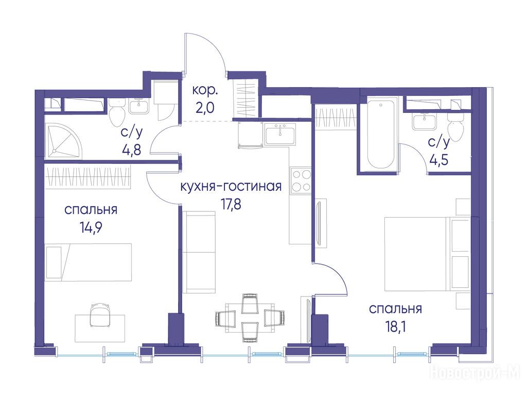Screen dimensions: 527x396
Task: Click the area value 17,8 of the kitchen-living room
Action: tap(231, 204)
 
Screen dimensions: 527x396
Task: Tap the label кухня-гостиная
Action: tap(231, 186)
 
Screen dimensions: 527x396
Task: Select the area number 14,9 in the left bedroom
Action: tap(91, 228)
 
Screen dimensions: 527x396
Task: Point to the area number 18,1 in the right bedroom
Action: tap(395, 326)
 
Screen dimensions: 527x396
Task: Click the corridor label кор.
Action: tap(205, 91)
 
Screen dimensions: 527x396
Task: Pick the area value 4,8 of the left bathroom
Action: tap(131, 148)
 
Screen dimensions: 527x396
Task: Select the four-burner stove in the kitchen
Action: tap(301, 180)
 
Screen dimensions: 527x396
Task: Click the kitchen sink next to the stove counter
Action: tap(279, 134)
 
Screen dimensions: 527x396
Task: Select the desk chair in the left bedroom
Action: tap(100, 315)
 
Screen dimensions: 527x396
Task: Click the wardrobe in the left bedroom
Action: tap(87, 176)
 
